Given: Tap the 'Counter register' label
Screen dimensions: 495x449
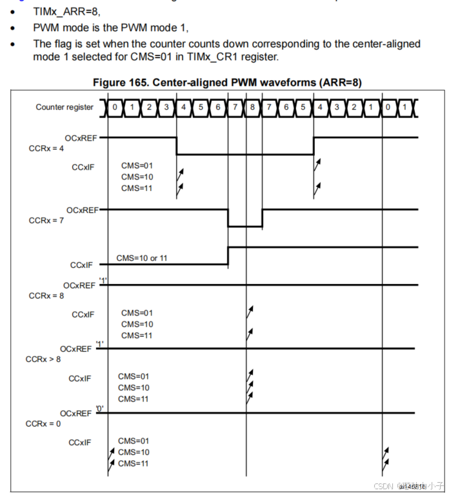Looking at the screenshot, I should [65, 107].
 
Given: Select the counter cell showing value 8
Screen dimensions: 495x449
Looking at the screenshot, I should [252, 107].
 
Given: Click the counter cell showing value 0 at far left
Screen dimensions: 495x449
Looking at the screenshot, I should [115, 107].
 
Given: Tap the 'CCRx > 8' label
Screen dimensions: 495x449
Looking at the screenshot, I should [43, 359].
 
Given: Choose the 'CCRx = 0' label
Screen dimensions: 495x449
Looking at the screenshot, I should [43, 423].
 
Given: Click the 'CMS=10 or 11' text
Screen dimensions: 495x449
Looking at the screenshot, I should [143, 258].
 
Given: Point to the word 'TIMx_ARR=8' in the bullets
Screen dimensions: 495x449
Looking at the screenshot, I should [66, 12].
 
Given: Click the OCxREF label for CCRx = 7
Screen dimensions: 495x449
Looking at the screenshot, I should [83, 210].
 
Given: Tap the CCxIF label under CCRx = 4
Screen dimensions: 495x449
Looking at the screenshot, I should [83, 167].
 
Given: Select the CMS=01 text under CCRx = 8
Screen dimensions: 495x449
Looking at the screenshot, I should [136, 312].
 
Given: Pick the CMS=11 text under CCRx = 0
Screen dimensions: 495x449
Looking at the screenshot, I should [133, 463].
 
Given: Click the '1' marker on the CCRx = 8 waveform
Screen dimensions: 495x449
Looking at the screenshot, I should [103, 279].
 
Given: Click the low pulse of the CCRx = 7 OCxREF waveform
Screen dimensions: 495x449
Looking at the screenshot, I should [245, 227].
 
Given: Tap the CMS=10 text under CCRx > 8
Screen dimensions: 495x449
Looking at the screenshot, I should [133, 387].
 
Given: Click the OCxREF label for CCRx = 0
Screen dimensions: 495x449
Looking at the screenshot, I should [76, 413].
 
